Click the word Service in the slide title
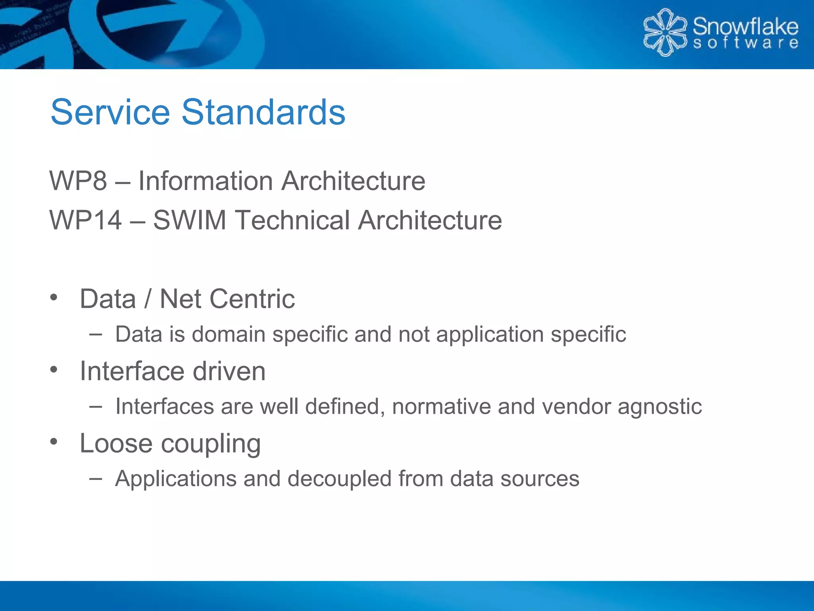point(110,112)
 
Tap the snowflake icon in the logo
point(665,33)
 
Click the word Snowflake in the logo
point(745,27)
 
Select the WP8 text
point(78,181)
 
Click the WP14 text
point(85,220)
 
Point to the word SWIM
point(190,220)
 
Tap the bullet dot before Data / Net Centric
point(54,298)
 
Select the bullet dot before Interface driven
point(54,370)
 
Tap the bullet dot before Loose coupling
point(54,442)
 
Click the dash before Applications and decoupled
point(95,479)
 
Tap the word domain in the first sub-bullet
point(229,334)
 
